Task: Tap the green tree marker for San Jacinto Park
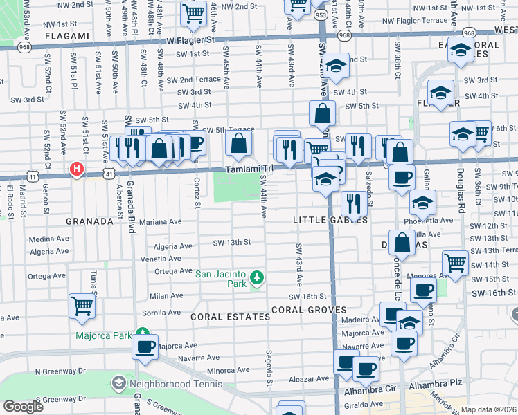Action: (x=257, y=277)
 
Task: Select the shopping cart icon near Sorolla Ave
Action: (x=82, y=305)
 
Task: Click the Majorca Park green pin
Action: (x=143, y=334)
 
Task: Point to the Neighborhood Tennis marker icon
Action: (x=118, y=382)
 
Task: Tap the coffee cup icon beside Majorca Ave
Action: (x=145, y=347)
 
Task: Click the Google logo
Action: (x=22, y=406)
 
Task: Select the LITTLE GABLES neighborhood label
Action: (x=330, y=219)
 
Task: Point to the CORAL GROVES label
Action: (x=308, y=309)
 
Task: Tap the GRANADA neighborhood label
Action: (x=89, y=221)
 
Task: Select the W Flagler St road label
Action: (x=191, y=40)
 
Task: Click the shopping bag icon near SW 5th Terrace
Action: (x=238, y=144)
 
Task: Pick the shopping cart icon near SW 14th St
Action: (x=455, y=262)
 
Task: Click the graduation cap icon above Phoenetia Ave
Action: (x=422, y=203)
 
